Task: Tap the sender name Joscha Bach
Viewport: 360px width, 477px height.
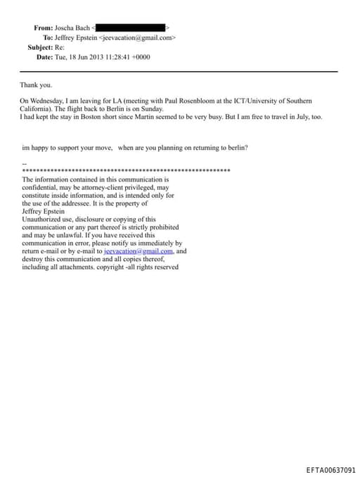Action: click(73, 27)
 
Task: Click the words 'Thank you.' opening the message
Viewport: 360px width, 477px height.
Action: click(36, 85)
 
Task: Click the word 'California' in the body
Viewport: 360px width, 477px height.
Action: click(36, 109)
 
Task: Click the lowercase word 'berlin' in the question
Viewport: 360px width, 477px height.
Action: click(237, 148)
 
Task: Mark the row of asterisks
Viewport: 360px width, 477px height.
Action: click(127, 171)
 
